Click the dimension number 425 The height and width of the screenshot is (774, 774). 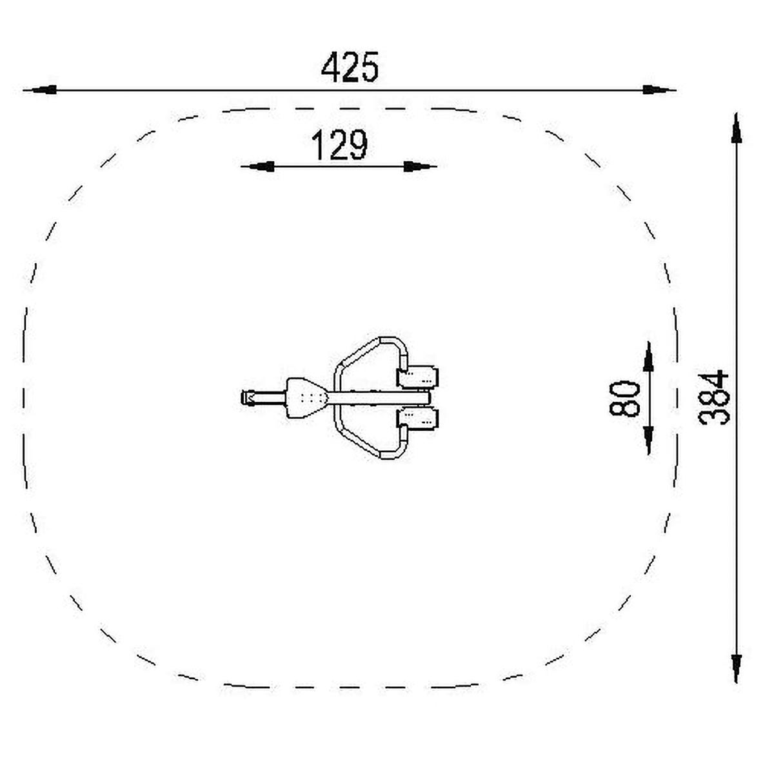[x=350, y=67]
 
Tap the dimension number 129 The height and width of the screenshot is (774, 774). [x=339, y=144]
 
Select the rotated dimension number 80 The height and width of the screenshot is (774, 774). [x=624, y=399]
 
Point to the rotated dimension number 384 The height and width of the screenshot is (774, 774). [x=713, y=398]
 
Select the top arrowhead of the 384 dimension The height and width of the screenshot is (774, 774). [x=736, y=128]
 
